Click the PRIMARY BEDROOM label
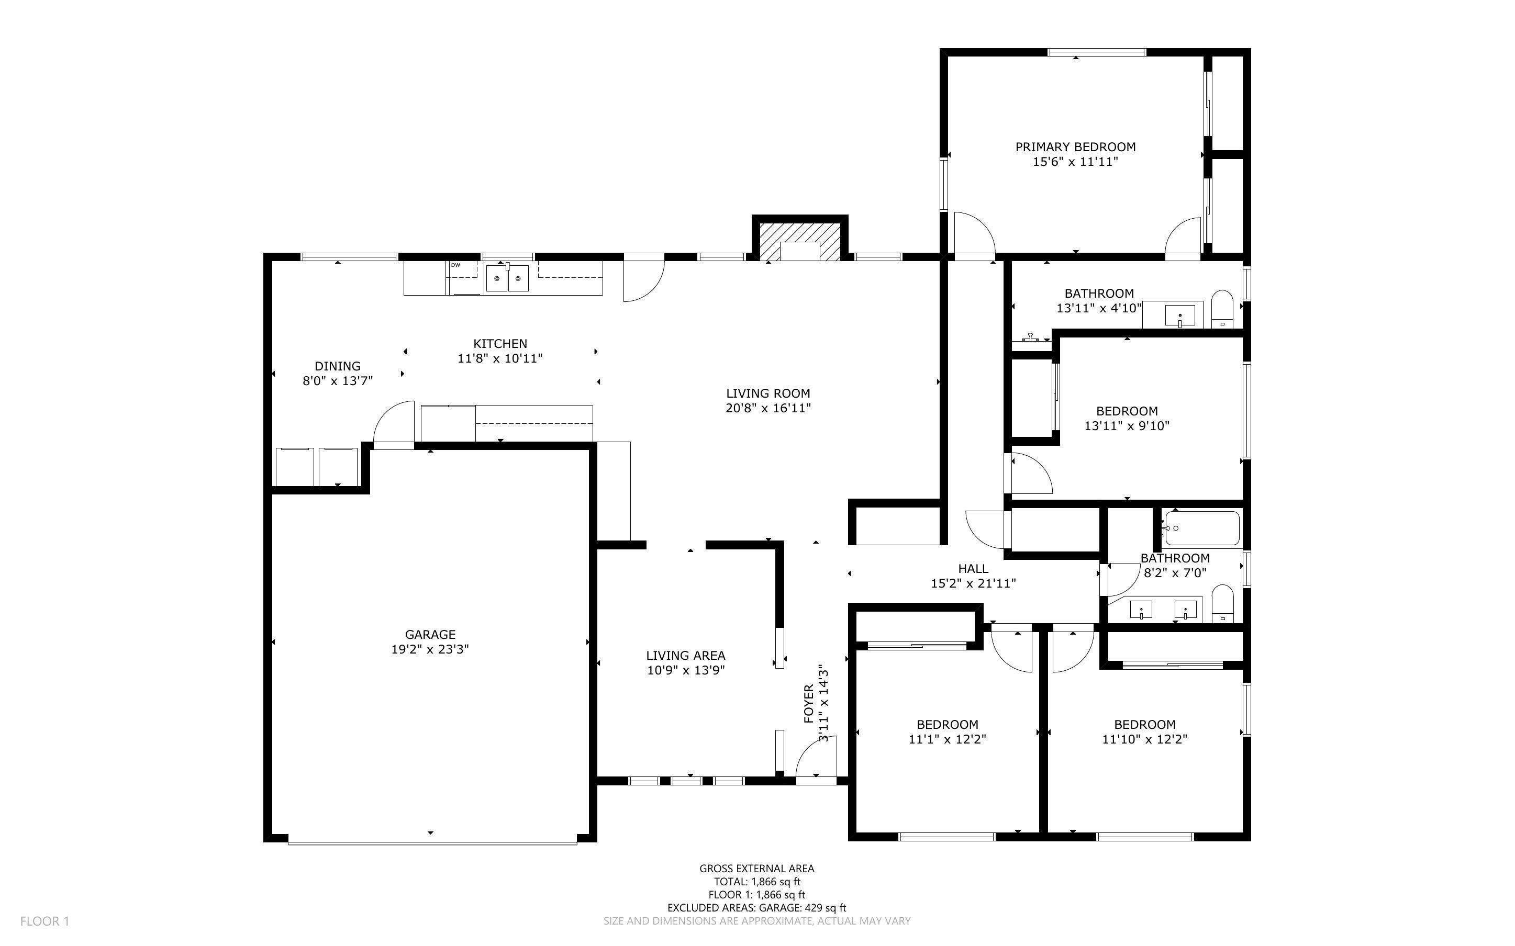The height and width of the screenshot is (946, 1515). pyautogui.click(x=1075, y=147)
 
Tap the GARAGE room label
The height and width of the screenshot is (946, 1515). pyautogui.click(x=430, y=635)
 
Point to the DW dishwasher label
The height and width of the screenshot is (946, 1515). pyautogui.click(x=455, y=265)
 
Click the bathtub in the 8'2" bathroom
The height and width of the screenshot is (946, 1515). pyautogui.click(x=1201, y=528)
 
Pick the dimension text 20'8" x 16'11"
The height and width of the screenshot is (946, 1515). pyautogui.click(x=768, y=409)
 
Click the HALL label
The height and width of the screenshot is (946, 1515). pyautogui.click(x=973, y=569)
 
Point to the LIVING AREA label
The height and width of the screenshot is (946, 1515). pyautogui.click(x=686, y=656)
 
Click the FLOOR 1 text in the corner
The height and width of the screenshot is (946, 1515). pyautogui.click(x=45, y=921)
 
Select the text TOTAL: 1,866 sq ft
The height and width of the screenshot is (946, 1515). pyautogui.click(x=756, y=882)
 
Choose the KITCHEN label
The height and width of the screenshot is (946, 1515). pyautogui.click(x=500, y=343)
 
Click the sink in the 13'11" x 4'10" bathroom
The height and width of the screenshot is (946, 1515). pyautogui.click(x=1179, y=314)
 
